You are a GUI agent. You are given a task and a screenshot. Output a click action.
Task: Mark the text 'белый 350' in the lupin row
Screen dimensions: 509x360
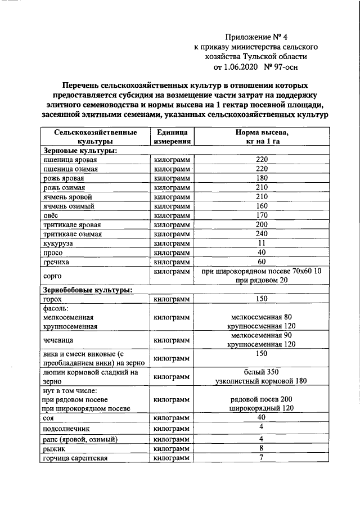(261, 372)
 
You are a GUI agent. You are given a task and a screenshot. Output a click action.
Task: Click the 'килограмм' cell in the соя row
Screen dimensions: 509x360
(172, 418)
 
